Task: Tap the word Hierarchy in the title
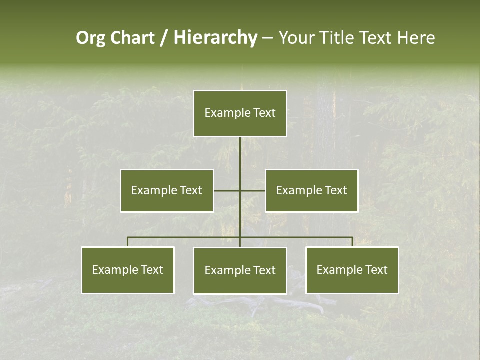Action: click(215, 38)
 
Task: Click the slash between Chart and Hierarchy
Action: click(164, 38)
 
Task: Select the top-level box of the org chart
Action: click(240, 113)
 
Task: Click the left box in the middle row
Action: click(167, 190)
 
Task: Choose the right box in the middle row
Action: click(312, 190)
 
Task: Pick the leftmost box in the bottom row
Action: click(128, 270)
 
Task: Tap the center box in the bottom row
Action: click(240, 270)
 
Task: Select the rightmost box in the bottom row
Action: click(352, 270)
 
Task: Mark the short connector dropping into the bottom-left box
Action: click(128, 242)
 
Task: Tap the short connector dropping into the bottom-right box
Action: click(352, 242)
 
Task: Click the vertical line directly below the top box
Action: click(240, 155)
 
